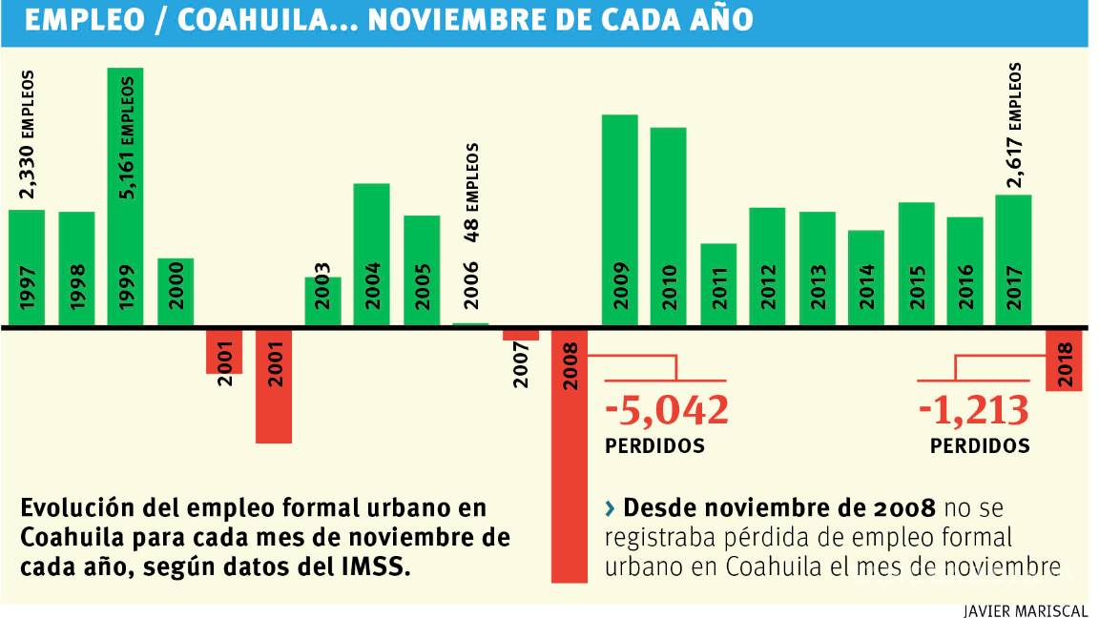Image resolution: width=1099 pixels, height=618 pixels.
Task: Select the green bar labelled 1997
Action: point(27,267)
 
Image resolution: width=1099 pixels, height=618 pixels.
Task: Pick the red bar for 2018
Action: point(1064,360)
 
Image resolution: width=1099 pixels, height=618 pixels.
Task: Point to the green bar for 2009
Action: point(619,220)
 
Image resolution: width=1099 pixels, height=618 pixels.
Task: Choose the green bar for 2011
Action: point(718,284)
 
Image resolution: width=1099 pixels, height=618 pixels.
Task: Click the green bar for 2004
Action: point(371,254)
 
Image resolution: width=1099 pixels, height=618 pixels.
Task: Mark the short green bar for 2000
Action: point(176,292)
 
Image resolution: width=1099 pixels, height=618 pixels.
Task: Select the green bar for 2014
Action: point(866,278)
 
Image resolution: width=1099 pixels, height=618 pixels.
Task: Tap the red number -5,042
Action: point(667,410)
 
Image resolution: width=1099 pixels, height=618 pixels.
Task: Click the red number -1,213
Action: point(973,410)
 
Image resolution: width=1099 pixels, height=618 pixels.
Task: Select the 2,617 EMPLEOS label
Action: point(1014,125)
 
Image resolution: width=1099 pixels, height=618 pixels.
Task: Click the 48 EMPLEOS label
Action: point(471,192)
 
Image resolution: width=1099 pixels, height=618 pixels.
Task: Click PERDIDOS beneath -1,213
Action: point(980,445)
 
